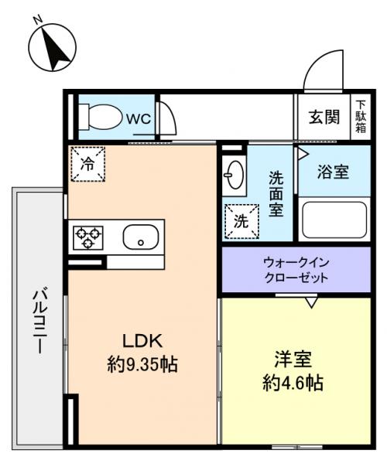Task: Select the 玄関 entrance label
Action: click(324, 118)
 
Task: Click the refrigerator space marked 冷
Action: click(87, 163)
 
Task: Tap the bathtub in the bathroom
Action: click(334, 220)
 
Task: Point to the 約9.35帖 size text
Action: click(142, 363)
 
